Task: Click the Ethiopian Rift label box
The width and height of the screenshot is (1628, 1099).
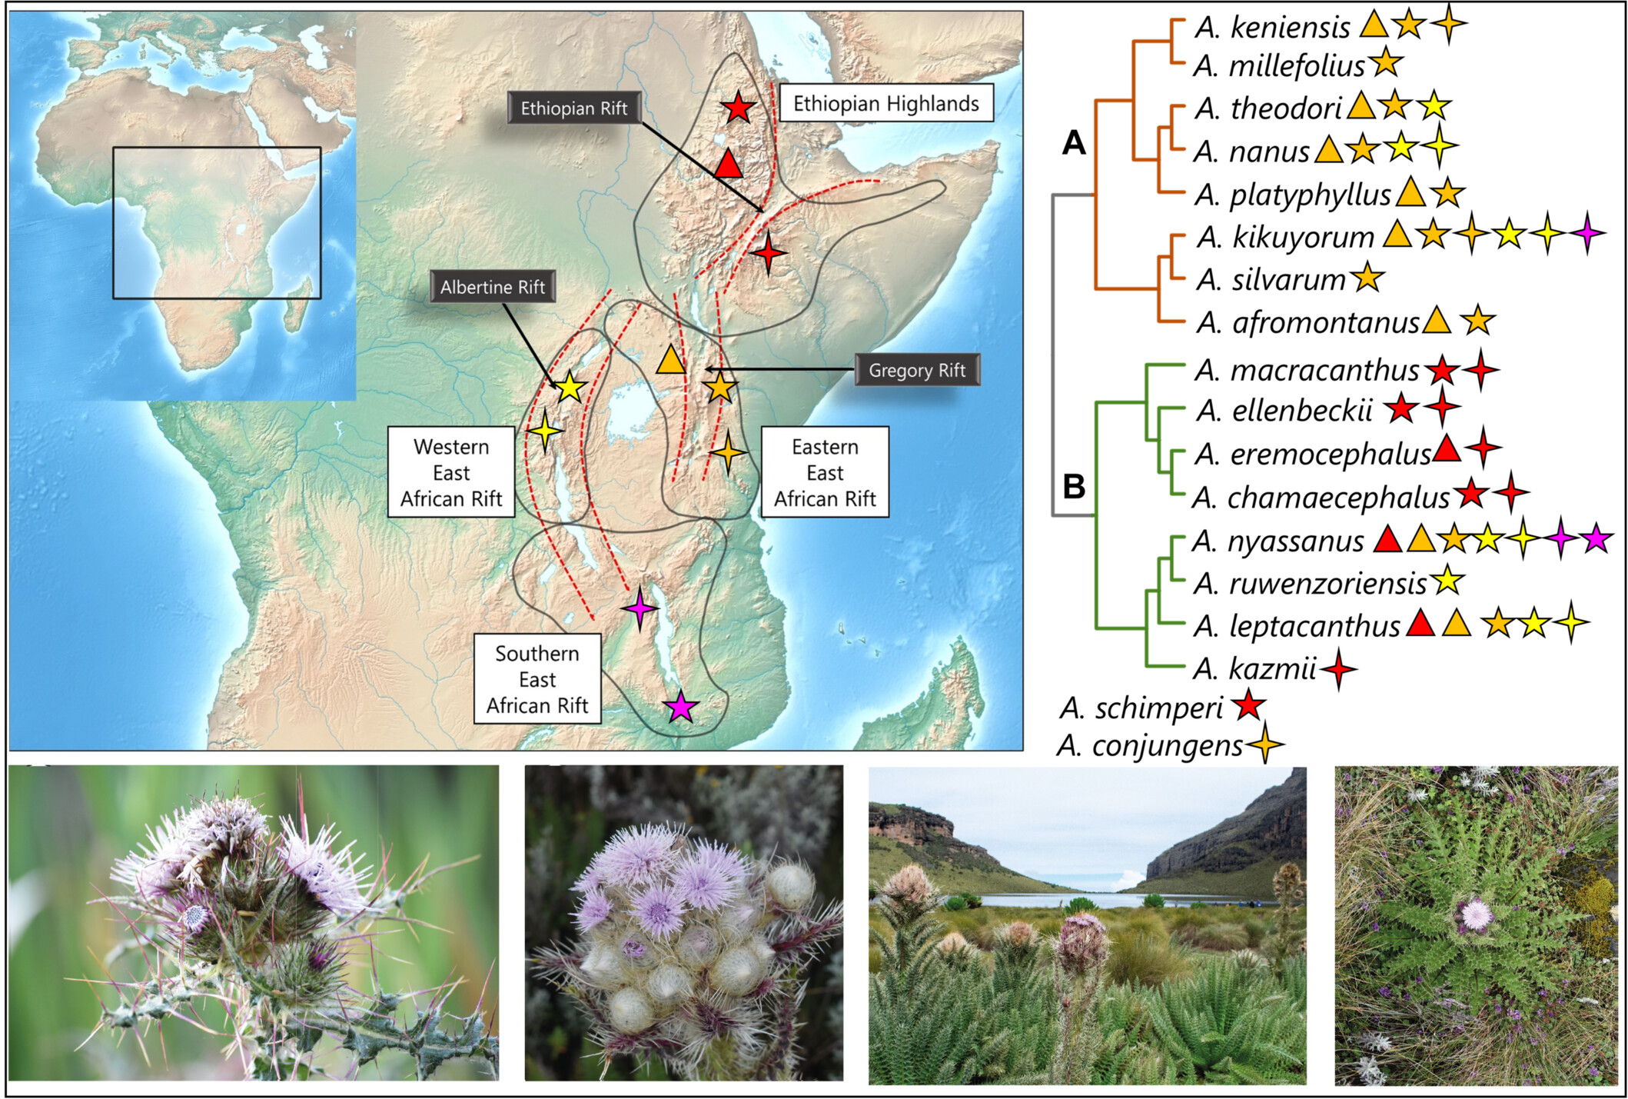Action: [x=573, y=108]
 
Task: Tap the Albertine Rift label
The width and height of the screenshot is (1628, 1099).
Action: [x=492, y=287]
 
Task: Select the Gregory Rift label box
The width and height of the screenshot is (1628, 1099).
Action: [x=916, y=370]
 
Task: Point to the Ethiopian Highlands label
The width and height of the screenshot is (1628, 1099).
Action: [x=885, y=104]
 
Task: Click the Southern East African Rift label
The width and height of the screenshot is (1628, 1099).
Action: [x=537, y=679]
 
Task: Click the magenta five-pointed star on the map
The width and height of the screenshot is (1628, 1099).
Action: [x=680, y=707]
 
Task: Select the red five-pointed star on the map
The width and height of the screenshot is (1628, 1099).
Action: [x=738, y=108]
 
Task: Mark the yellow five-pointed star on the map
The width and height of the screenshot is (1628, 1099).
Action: [x=570, y=388]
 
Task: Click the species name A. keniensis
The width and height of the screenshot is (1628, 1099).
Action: [x=1273, y=28]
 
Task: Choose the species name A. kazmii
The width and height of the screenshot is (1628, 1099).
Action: [x=1254, y=668]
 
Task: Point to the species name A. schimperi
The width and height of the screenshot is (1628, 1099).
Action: [x=1141, y=708]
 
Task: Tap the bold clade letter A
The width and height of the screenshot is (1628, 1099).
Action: [x=1073, y=143]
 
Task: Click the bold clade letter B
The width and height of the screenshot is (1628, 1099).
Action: [x=1073, y=486]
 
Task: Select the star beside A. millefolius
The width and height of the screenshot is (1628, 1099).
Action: [x=1385, y=63]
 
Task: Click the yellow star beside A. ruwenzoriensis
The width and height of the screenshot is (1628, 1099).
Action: [x=1447, y=581]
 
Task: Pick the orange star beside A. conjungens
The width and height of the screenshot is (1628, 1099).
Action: [x=1264, y=744]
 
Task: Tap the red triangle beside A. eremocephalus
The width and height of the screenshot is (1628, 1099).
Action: [x=1447, y=449]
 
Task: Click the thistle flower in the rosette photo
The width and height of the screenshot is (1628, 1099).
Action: [x=1475, y=914]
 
